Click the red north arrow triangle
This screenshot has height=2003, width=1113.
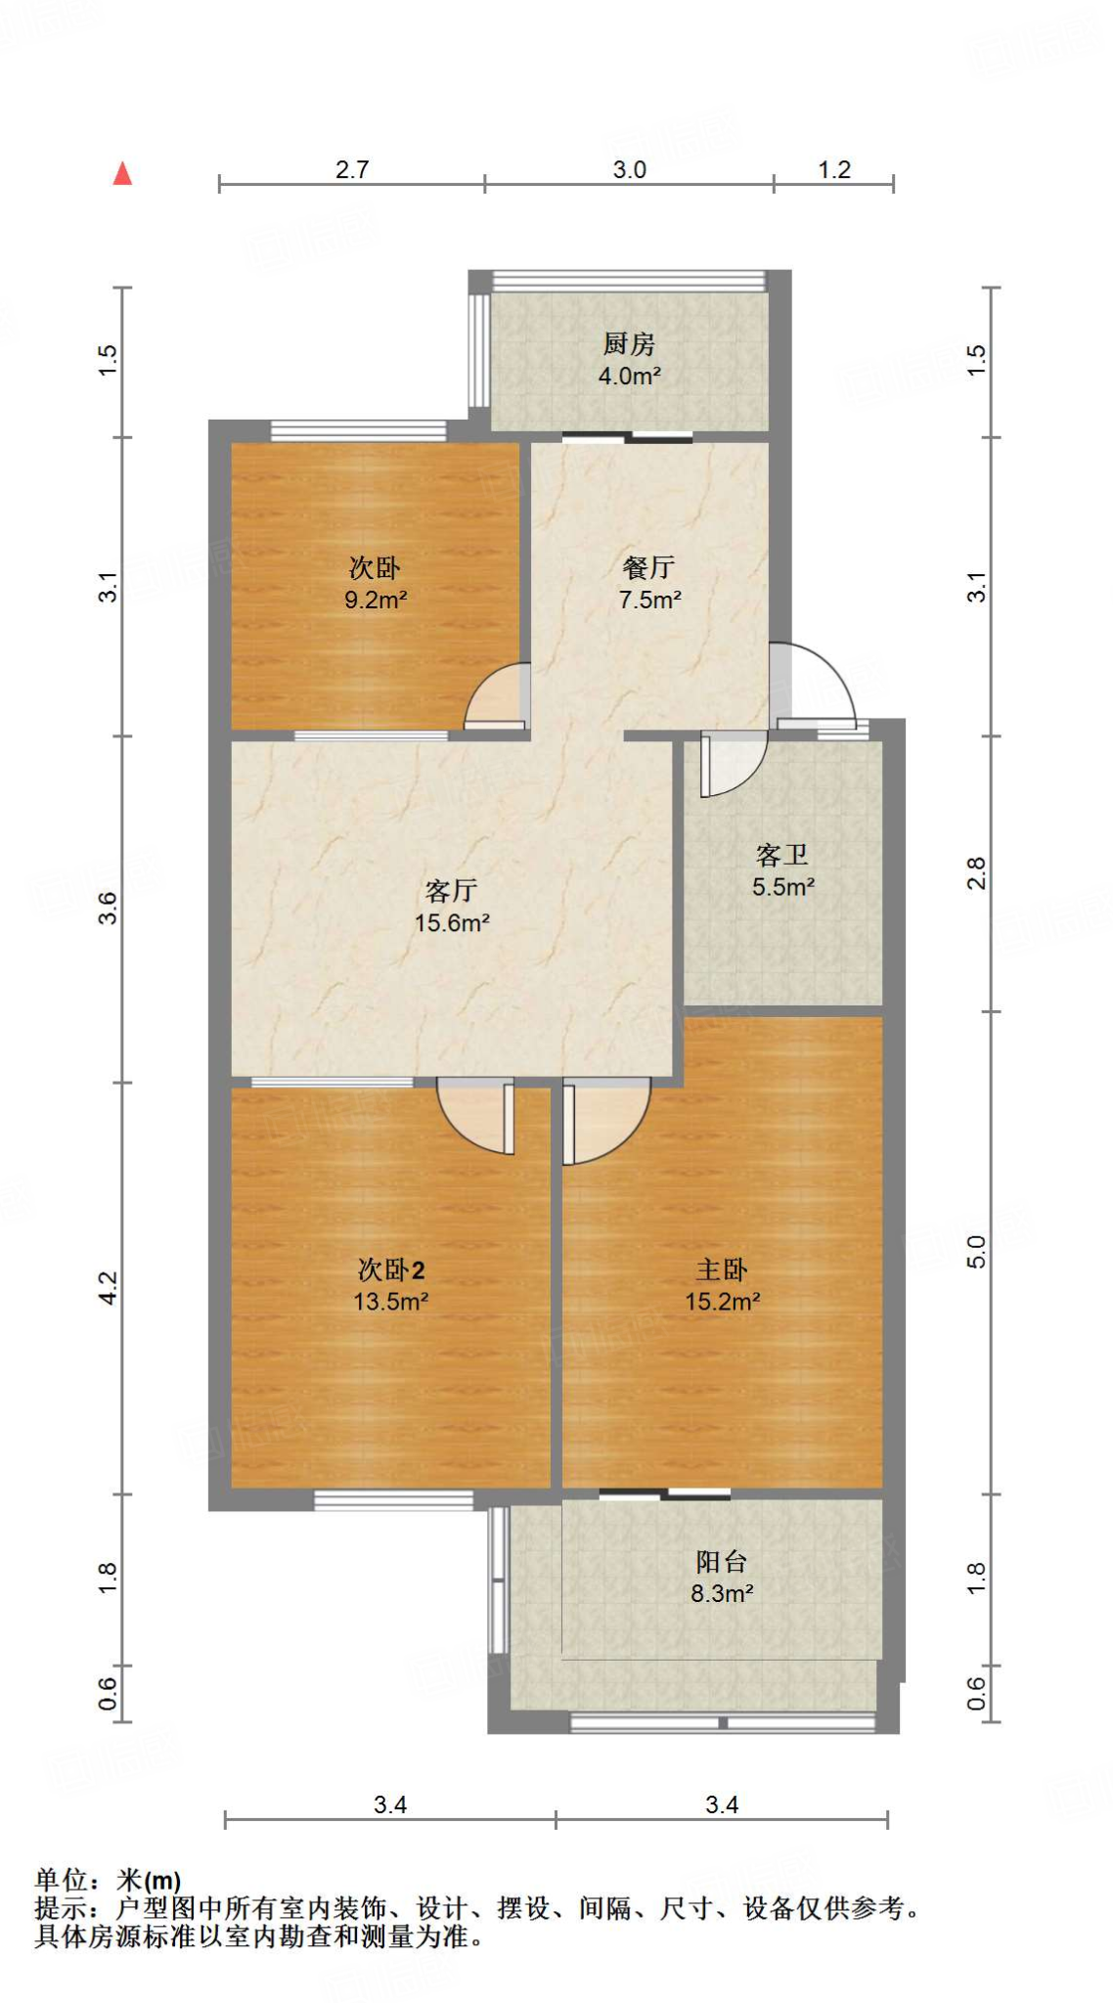pyautogui.click(x=122, y=174)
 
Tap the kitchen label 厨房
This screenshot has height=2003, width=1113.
pyautogui.click(x=628, y=343)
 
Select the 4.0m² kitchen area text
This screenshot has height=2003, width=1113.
pyautogui.click(x=629, y=376)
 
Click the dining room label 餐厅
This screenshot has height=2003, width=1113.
pyautogui.click(x=648, y=567)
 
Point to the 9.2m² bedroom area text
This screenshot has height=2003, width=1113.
pyautogui.click(x=375, y=600)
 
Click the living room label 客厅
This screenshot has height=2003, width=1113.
pyautogui.click(x=451, y=890)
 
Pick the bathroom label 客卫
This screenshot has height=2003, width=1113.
pyautogui.click(x=782, y=855)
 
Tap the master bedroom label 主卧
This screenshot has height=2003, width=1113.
pyautogui.click(x=722, y=1269)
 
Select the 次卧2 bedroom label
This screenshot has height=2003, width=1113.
pyautogui.click(x=390, y=1269)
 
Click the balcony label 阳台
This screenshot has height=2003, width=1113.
pyautogui.click(x=722, y=1562)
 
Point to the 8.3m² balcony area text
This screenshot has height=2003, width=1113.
pyautogui.click(x=722, y=1593)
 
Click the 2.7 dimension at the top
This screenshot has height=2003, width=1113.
pyautogui.click(x=352, y=169)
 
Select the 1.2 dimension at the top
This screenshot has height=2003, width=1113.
pyautogui.click(x=834, y=169)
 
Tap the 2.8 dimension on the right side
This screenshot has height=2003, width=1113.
pyautogui.click(x=976, y=872)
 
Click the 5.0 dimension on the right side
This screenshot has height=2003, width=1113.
pyautogui.click(x=976, y=1252)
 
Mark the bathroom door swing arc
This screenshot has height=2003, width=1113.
pyautogui.click(x=732, y=763)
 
